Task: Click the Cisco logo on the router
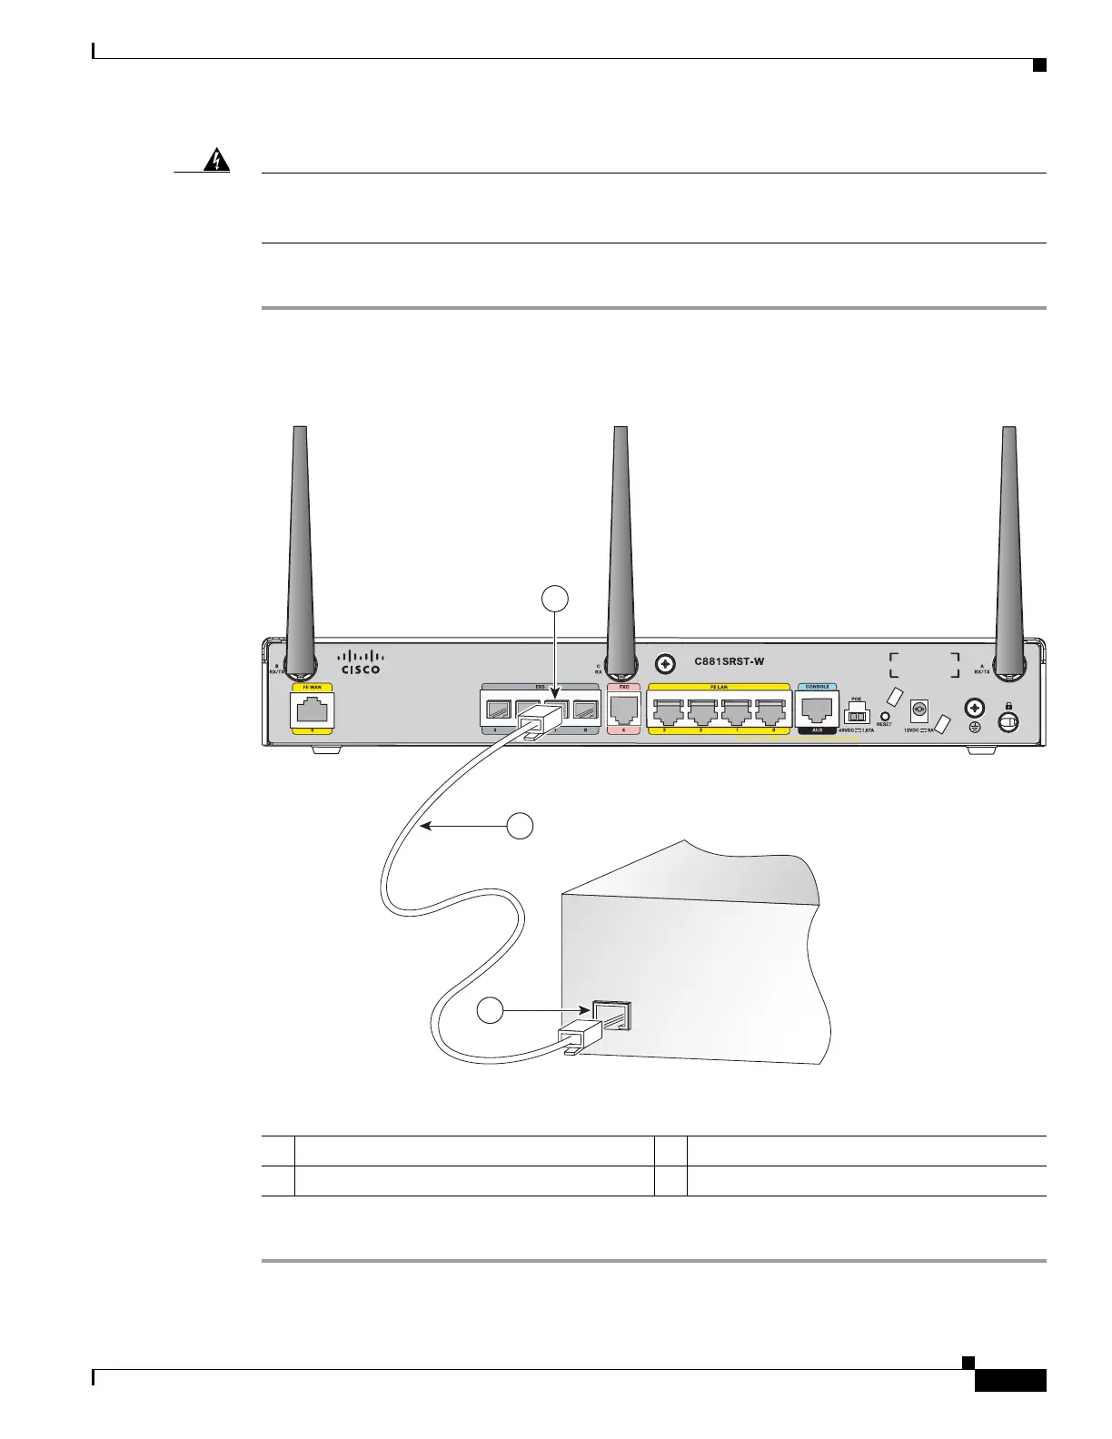361,661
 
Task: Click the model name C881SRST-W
730,662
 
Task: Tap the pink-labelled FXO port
623,709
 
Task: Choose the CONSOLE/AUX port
816,709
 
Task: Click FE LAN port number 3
668,710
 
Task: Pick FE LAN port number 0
771,710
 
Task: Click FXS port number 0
585,710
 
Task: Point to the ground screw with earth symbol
976,708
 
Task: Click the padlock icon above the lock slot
1007,703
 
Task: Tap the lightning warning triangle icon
216,162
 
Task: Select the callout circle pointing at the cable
520,826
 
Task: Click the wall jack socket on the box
611,1014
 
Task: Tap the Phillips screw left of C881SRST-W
666,664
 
